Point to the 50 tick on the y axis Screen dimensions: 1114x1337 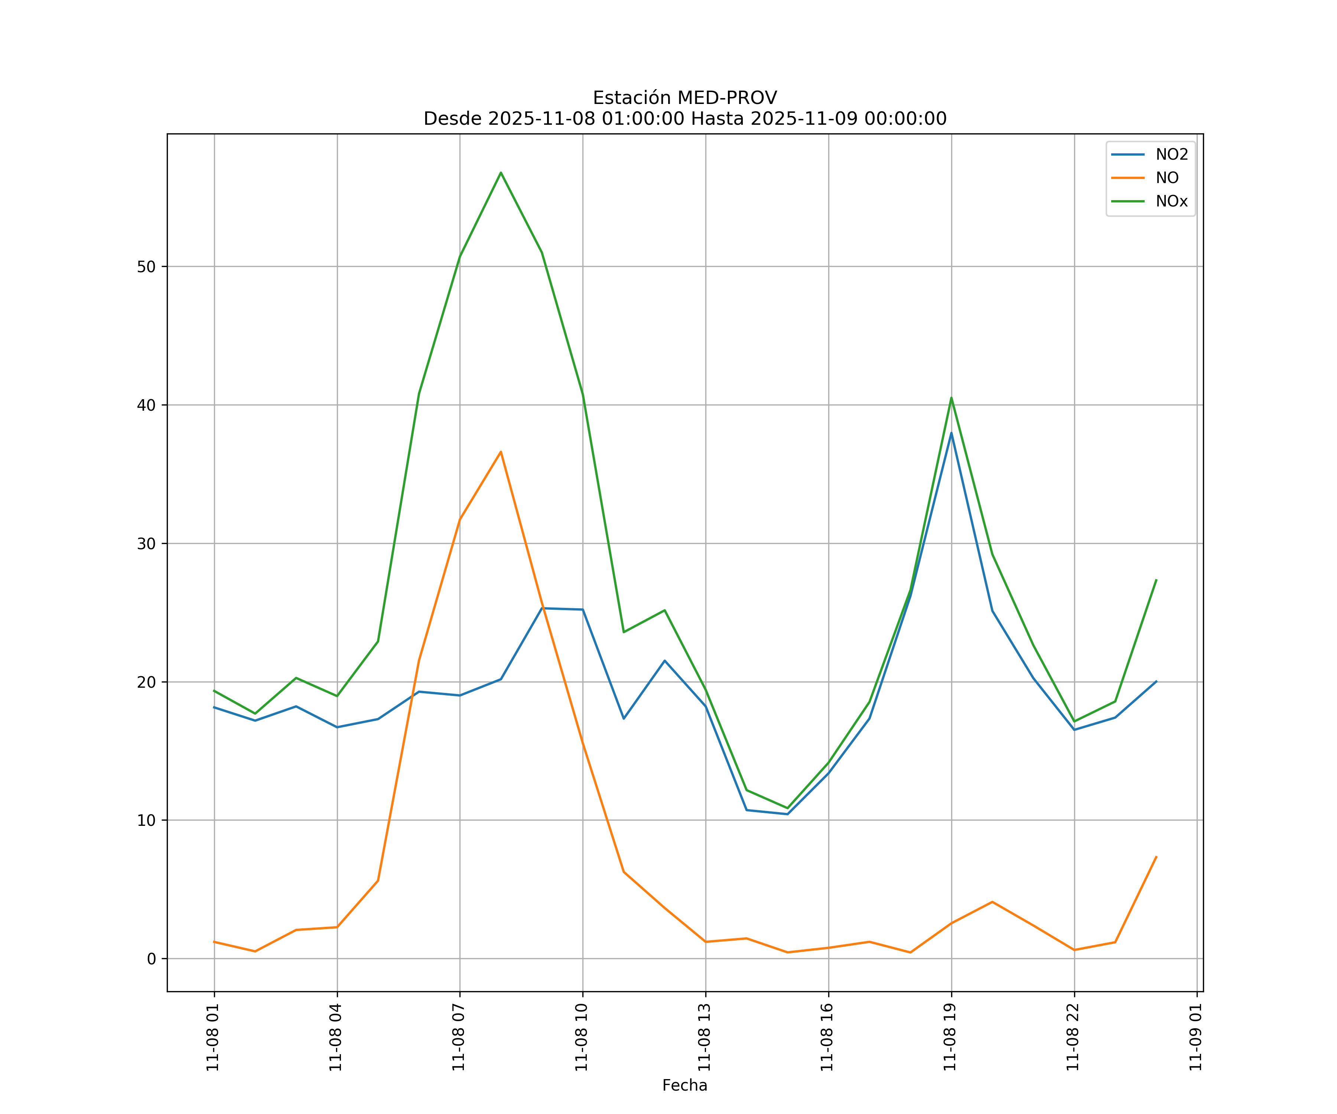pyautogui.click(x=146, y=267)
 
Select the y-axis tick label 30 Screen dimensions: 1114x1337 pyautogui.click(x=146, y=544)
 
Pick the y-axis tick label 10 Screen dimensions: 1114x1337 pyautogui.click(x=146, y=821)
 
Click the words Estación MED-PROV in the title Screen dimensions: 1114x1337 pyautogui.click(x=684, y=98)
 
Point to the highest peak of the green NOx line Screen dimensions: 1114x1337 pyautogui.click(x=501, y=173)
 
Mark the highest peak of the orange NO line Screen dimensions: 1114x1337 pyautogui.click(x=501, y=452)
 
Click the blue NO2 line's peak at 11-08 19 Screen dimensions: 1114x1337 pyautogui.click(x=951, y=433)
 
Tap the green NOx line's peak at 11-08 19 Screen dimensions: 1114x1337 pyautogui.click(x=951, y=398)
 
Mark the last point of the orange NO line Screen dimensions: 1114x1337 pyautogui.click(x=1156, y=857)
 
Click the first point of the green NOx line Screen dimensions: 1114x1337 pyautogui.click(x=215, y=691)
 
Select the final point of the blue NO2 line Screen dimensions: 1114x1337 pyautogui.click(x=1156, y=681)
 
